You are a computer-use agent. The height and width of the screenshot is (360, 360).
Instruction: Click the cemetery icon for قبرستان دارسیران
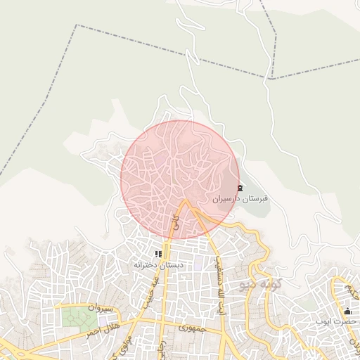[x=240, y=188]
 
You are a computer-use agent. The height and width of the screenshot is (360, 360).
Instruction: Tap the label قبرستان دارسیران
[x=240, y=199]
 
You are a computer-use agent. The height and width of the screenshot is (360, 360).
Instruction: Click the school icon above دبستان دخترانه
[x=158, y=254]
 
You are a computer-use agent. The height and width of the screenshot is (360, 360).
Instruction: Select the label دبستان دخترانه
[x=159, y=265]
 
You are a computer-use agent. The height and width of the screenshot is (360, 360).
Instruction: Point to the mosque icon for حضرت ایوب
[x=347, y=311]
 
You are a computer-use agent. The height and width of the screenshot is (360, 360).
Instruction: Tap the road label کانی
[x=175, y=225]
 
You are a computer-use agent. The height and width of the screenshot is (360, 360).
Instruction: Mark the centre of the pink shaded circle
[x=179, y=180]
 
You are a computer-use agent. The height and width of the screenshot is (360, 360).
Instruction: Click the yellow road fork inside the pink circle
[x=186, y=204]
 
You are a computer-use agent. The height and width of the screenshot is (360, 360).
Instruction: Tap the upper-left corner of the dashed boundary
[x=76, y=25]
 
